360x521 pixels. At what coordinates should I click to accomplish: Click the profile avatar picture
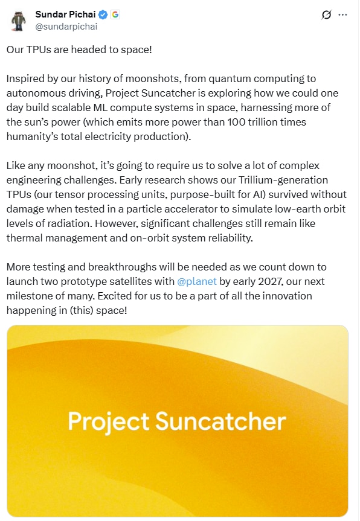18,21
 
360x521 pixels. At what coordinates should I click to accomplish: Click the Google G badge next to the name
114,14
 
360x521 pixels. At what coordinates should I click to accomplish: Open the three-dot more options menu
343,14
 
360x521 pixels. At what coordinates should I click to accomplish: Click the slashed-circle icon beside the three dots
327,14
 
